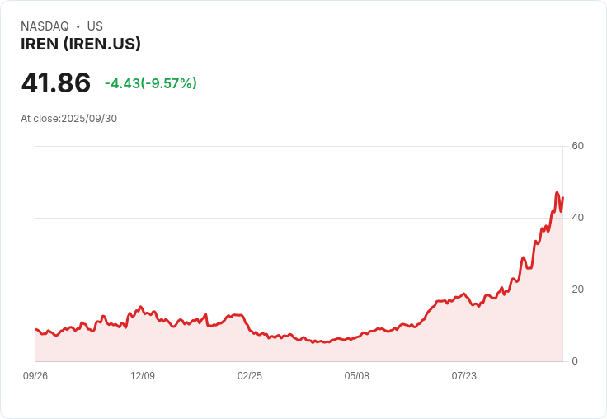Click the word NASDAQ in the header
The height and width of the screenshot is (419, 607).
[x=45, y=26]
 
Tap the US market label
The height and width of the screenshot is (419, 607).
[x=95, y=26]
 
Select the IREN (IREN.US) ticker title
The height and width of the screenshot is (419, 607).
[x=81, y=45]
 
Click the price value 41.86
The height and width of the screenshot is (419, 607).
[x=56, y=83]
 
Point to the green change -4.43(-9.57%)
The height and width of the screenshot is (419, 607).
[x=151, y=83]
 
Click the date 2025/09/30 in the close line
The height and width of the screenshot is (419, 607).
[x=89, y=119]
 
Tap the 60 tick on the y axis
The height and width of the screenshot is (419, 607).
[x=578, y=146]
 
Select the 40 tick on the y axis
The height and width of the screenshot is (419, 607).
[x=578, y=218]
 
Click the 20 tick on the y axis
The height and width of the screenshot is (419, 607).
[x=578, y=290]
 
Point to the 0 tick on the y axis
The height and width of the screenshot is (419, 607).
[x=575, y=361]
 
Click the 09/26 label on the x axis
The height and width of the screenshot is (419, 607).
[x=35, y=376]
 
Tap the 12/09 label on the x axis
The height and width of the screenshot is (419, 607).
[x=143, y=376]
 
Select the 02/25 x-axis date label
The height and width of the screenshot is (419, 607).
[x=250, y=376]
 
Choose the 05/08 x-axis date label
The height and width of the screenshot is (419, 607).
[x=357, y=376]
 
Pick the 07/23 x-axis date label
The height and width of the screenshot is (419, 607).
[x=464, y=376]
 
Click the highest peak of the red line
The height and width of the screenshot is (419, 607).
[x=558, y=193]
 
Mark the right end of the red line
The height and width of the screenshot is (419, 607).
[x=562, y=198]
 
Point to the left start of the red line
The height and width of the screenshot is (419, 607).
[x=35, y=329]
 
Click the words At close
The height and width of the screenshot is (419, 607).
[x=40, y=119]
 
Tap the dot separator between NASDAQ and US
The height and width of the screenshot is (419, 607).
[x=78, y=26]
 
